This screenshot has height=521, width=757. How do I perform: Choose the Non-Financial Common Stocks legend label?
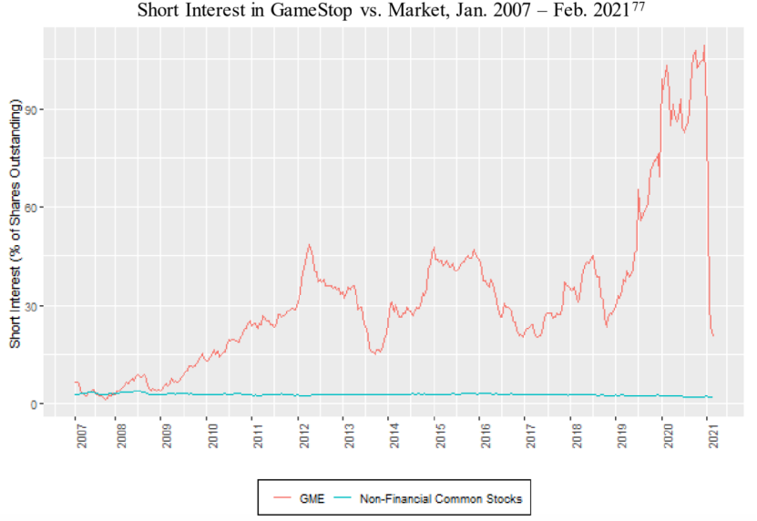click(x=442, y=498)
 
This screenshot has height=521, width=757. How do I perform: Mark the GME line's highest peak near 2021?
click(x=704, y=46)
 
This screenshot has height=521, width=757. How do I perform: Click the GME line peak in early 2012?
click(x=310, y=244)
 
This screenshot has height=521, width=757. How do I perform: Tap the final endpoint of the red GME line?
click(x=713, y=336)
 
